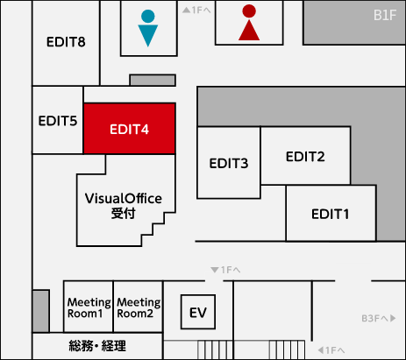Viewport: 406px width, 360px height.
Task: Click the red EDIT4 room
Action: (x=130, y=129)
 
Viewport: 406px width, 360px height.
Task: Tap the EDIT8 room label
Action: (x=66, y=42)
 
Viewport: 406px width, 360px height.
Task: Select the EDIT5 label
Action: (x=58, y=121)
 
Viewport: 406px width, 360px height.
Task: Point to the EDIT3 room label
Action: (x=229, y=163)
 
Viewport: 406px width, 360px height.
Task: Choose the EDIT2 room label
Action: (x=305, y=157)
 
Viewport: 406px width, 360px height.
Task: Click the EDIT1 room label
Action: (x=330, y=214)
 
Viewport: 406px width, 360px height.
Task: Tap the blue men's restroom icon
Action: (x=148, y=28)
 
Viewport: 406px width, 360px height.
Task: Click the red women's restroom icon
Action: (x=249, y=23)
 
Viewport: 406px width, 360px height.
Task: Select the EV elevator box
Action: (x=198, y=312)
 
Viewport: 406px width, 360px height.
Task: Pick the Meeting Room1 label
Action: (x=89, y=307)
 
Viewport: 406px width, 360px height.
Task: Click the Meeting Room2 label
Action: (x=139, y=307)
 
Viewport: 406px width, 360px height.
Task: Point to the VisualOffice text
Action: (x=124, y=199)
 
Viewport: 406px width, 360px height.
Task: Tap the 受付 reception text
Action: (x=124, y=214)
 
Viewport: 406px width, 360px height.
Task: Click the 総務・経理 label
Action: (x=97, y=346)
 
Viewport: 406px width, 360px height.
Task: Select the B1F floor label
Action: (x=385, y=15)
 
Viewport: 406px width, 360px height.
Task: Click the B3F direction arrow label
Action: (x=379, y=318)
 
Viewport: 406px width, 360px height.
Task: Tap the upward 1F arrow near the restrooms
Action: (x=196, y=11)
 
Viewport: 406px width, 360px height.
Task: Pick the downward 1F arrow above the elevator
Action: (x=225, y=270)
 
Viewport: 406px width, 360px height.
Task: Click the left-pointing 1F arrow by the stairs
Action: (x=331, y=349)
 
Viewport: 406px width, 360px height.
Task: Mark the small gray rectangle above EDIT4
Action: (x=153, y=80)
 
